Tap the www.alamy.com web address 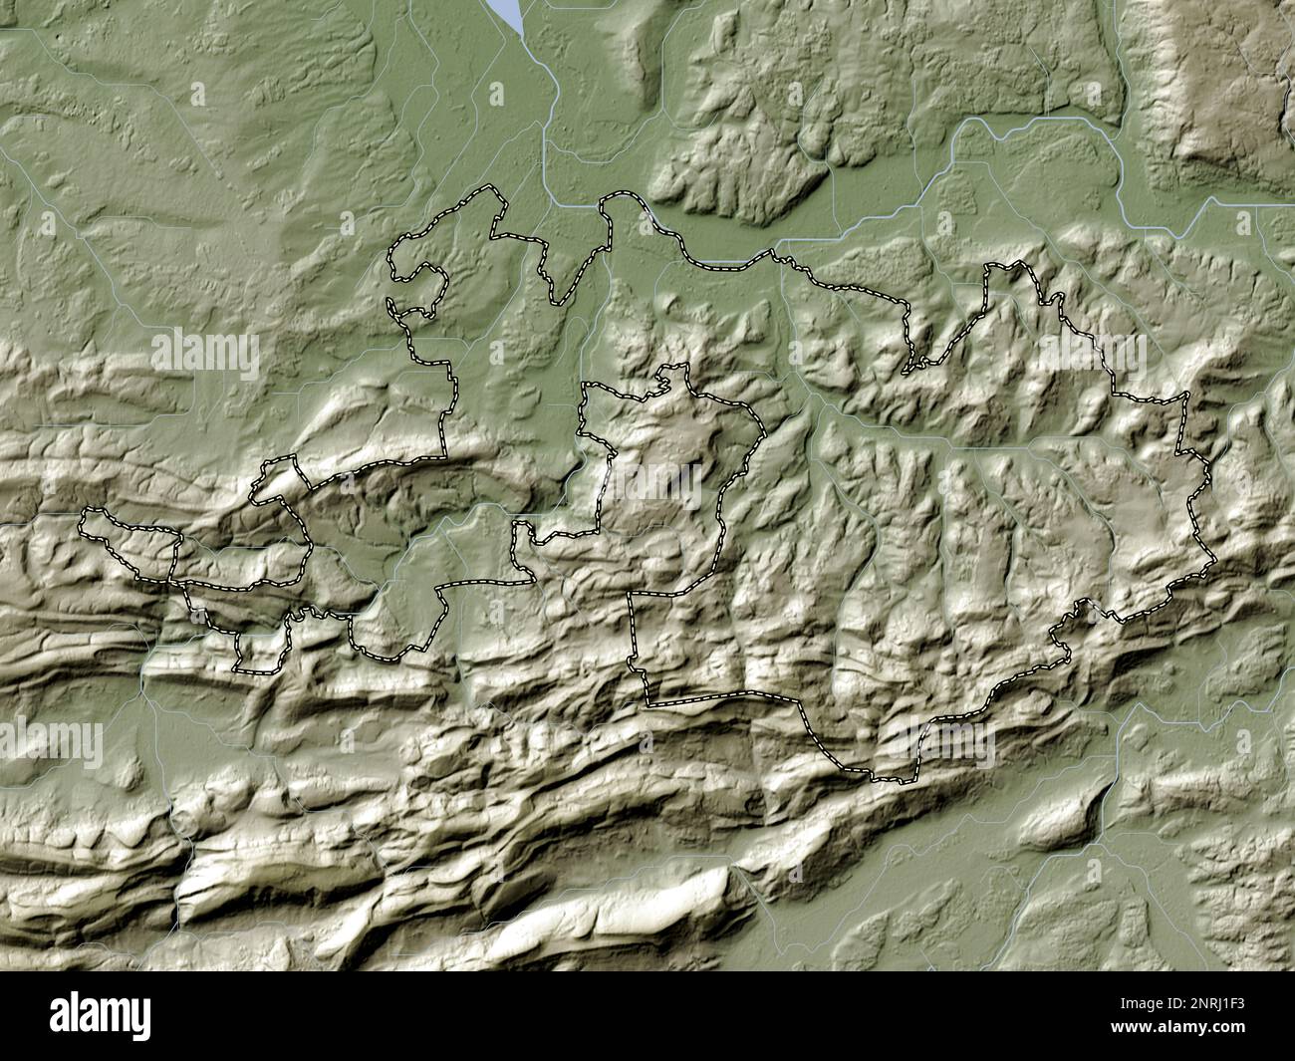1191,1036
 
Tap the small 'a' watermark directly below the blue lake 499,94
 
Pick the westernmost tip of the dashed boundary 82,516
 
